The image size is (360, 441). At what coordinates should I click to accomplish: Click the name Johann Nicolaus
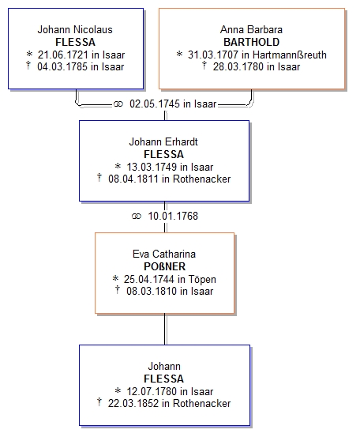(x=75, y=29)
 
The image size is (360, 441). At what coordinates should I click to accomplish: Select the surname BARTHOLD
(x=252, y=42)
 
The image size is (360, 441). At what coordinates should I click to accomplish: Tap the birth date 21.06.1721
(x=63, y=55)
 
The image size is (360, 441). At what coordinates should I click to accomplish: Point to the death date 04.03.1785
(x=62, y=66)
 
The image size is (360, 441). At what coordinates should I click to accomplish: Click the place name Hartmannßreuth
(x=290, y=55)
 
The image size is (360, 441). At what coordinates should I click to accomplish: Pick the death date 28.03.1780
(x=238, y=66)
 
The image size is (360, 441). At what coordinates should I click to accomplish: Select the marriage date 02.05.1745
(x=155, y=104)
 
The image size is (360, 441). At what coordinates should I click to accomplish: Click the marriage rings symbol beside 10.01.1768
(x=137, y=217)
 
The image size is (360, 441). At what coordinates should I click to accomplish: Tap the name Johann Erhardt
(x=163, y=141)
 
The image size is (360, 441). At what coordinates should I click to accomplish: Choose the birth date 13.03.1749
(x=152, y=167)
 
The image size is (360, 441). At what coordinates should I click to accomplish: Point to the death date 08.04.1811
(x=133, y=179)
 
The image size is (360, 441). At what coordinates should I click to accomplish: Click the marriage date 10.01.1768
(x=173, y=216)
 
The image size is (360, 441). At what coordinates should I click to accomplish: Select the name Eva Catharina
(x=164, y=254)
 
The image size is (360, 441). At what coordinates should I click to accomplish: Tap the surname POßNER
(x=165, y=266)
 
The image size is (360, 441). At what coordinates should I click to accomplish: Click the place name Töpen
(x=202, y=279)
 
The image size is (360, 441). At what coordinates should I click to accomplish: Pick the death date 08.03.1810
(x=152, y=291)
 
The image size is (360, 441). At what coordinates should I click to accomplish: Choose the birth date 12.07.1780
(x=152, y=391)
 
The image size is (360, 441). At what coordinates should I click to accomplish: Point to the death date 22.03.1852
(x=133, y=403)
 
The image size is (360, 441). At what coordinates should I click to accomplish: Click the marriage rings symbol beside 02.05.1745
(x=118, y=104)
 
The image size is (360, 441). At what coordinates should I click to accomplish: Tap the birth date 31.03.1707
(x=213, y=55)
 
